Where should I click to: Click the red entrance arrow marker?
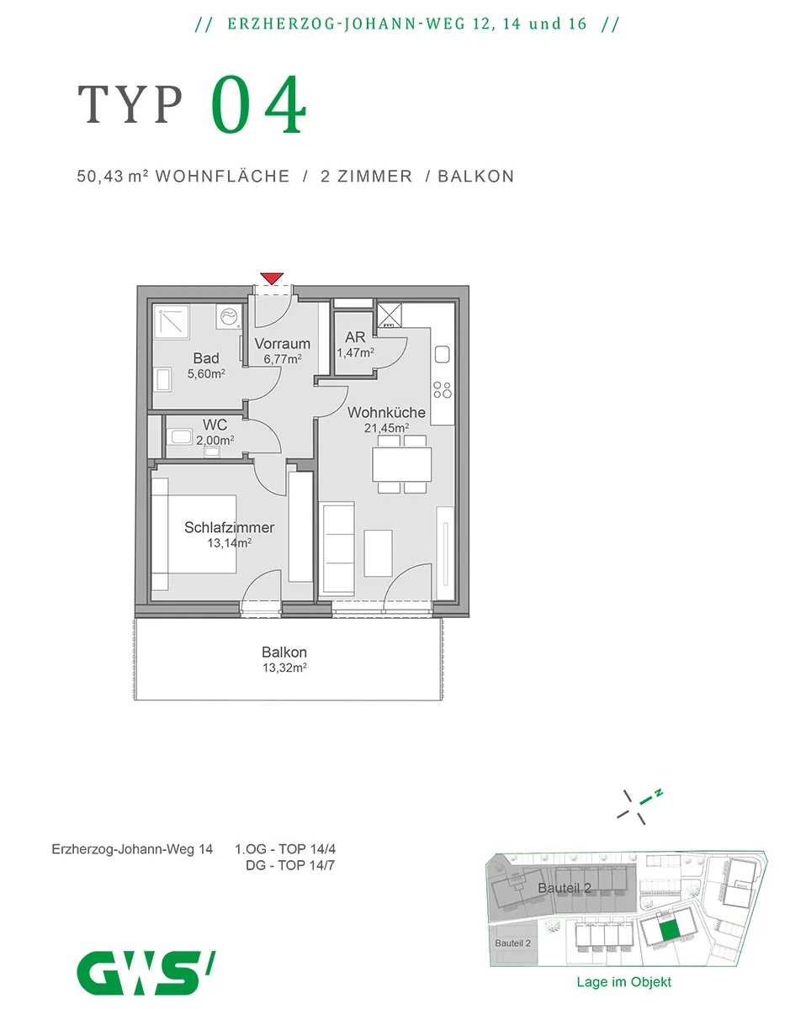[271, 278]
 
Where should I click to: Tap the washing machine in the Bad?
[229, 316]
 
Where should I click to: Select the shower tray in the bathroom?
[171, 323]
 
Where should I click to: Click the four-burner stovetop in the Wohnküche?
[442, 389]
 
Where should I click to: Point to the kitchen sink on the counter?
[442, 354]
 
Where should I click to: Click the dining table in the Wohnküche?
[401, 463]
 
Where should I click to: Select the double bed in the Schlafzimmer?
[194, 534]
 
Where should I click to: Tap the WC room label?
[215, 425]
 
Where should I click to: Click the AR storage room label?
[355, 336]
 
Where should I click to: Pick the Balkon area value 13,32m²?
[284, 667]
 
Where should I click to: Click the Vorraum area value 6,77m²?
[282, 359]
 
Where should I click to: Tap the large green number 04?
[258, 104]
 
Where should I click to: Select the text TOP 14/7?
[306, 865]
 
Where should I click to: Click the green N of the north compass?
[659, 792]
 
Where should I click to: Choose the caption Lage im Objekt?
[623, 981]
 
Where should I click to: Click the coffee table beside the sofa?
[378, 552]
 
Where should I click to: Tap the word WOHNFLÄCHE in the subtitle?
[222, 177]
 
